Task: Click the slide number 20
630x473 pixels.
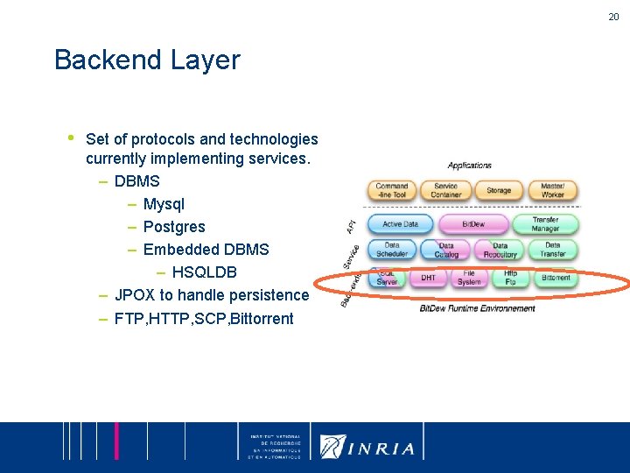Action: (x=612, y=16)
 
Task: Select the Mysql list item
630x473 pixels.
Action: (x=164, y=204)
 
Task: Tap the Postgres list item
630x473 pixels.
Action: (x=174, y=227)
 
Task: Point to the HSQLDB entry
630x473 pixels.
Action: (x=204, y=272)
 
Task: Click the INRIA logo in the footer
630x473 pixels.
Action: (x=367, y=447)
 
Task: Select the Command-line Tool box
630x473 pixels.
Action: (x=391, y=190)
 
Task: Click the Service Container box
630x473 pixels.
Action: (x=445, y=190)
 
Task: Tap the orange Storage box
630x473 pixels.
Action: (x=499, y=190)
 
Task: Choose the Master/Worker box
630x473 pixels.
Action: (x=552, y=190)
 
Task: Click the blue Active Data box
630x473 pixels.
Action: (x=400, y=224)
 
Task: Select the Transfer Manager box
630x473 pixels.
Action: (x=545, y=224)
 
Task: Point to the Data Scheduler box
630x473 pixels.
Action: (x=391, y=251)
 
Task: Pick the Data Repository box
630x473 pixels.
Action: (x=500, y=251)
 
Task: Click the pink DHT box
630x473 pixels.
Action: (x=429, y=279)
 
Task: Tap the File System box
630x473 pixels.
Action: (x=469, y=279)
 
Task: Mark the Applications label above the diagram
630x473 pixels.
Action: (x=470, y=166)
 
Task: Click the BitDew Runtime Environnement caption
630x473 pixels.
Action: (x=477, y=308)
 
